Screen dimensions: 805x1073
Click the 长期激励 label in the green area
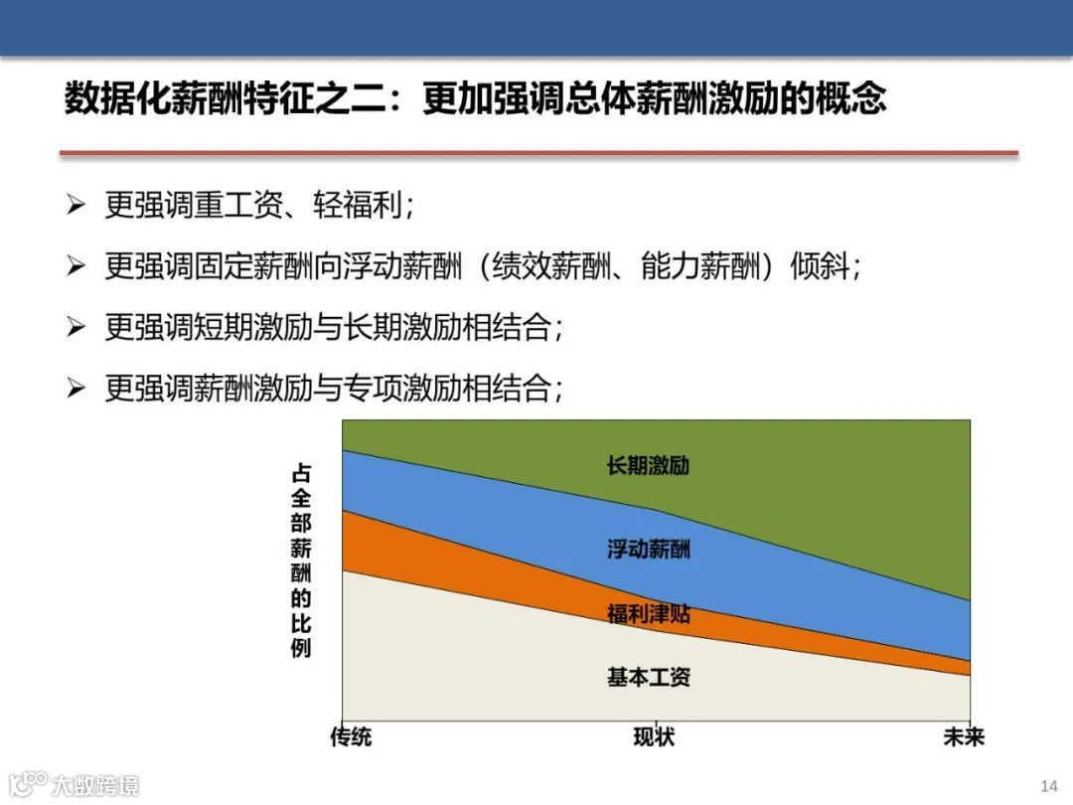[x=648, y=465]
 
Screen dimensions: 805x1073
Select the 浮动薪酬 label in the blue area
[x=648, y=549]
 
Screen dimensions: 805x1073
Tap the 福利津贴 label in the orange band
[x=648, y=614]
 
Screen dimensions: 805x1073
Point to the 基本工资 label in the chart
[x=648, y=678]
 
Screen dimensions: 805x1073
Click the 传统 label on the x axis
[x=351, y=737]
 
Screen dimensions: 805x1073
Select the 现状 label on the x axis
[x=654, y=737]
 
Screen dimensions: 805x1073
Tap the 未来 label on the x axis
[x=963, y=737]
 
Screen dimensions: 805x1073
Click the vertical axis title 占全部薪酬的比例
[x=301, y=562]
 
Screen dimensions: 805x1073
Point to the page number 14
[x=1049, y=785]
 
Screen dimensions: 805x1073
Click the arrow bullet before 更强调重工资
[x=77, y=206]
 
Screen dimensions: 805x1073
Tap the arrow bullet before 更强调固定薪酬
[x=77, y=266]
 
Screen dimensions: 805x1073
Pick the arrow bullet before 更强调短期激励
[x=77, y=327]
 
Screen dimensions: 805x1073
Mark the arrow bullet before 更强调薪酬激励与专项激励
[x=77, y=388]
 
